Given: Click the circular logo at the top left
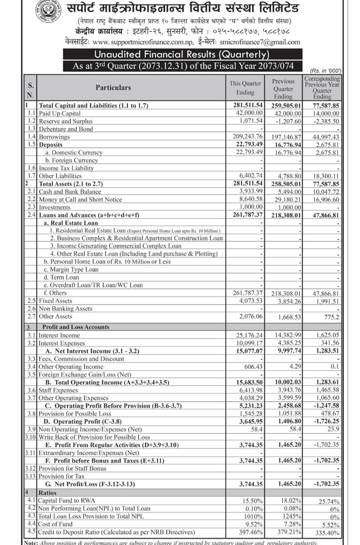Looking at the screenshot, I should [x=48, y=14].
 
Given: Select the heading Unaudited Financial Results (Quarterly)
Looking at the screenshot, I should [x=180, y=55].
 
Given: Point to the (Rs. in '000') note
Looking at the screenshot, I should [x=325, y=71].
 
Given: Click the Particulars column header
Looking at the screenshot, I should [x=113, y=87].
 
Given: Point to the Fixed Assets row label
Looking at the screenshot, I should [x=55, y=301].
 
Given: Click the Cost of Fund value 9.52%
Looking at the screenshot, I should [x=253, y=524].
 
